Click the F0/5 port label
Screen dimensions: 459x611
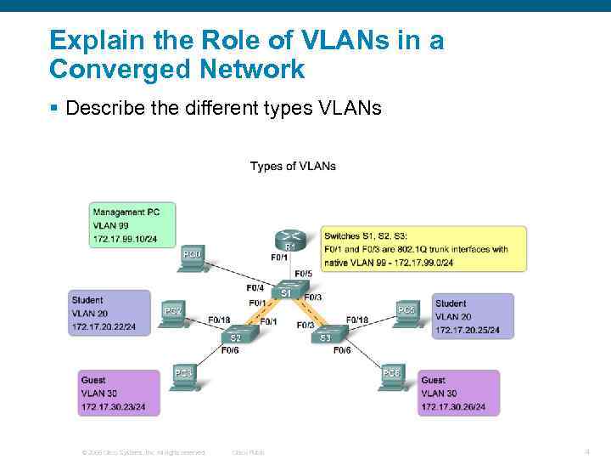coord(303,274)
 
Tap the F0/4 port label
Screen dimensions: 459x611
coord(255,287)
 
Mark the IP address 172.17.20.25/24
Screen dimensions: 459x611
coord(467,331)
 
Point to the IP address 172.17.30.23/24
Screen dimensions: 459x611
coord(113,407)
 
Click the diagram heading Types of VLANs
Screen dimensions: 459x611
coord(293,166)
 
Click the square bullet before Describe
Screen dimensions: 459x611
coord(53,108)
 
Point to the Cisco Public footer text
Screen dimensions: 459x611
coord(248,452)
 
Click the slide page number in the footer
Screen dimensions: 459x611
coord(586,451)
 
